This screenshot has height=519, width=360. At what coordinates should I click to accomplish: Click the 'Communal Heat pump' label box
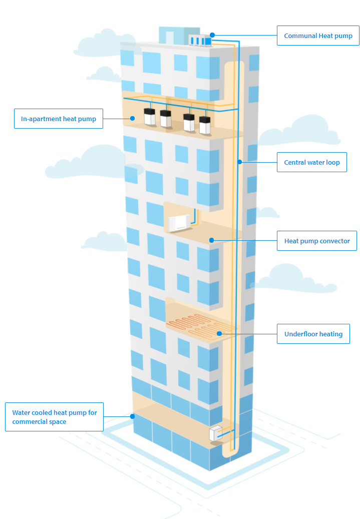318,36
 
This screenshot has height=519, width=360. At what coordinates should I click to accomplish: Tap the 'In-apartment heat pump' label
59,119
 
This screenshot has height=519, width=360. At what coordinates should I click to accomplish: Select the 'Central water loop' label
311,162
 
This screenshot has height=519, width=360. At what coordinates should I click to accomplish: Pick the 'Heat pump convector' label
316,241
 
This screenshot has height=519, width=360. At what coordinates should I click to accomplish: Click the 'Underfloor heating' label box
313,334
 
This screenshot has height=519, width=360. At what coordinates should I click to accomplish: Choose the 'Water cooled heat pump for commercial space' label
54,417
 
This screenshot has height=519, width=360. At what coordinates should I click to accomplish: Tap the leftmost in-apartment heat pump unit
150,117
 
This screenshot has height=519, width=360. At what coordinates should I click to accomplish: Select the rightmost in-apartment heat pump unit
205,125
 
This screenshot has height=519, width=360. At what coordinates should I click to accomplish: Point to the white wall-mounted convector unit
178,223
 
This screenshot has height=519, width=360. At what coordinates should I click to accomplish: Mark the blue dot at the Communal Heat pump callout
212,35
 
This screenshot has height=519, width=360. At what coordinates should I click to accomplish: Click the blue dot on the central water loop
240,162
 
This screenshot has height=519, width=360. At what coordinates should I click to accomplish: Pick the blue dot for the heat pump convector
212,240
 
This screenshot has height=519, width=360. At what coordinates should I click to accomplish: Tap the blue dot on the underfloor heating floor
219,333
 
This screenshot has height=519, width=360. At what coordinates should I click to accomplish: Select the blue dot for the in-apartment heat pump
132,118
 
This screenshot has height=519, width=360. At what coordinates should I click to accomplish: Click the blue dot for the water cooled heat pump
133,416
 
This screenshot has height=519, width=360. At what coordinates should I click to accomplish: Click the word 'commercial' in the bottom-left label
32,421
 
